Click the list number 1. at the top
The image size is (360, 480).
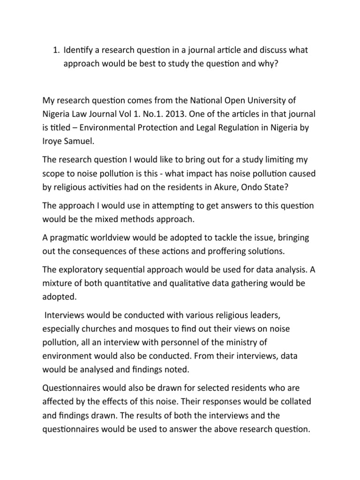pos(55,50)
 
